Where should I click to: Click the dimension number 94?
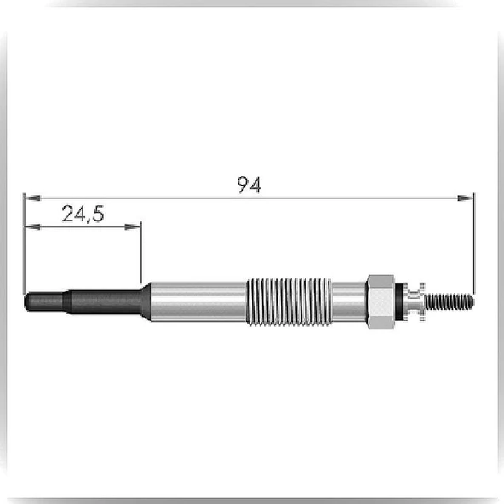click(x=249, y=185)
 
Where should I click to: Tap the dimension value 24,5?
click(x=83, y=214)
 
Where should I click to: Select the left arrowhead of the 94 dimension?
click(x=32, y=198)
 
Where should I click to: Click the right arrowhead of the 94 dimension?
click(x=466, y=198)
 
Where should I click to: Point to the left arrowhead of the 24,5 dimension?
click(x=32, y=227)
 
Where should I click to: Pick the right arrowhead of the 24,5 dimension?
click(x=133, y=227)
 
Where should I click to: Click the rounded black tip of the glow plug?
click(x=43, y=302)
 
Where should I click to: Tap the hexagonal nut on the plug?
click(x=381, y=302)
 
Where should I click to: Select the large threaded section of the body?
click(x=289, y=302)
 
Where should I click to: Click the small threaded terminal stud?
click(x=450, y=302)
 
